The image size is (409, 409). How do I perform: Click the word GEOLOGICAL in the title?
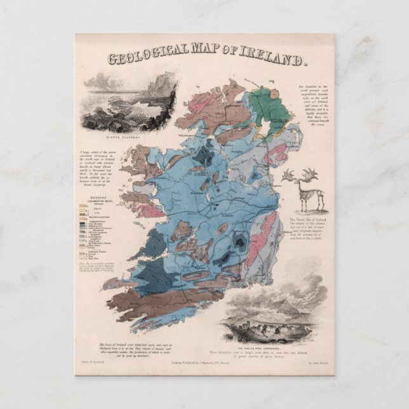click(149, 59)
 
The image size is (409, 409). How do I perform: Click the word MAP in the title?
click(206, 59)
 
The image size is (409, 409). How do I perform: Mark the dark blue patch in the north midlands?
click(204, 156)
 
